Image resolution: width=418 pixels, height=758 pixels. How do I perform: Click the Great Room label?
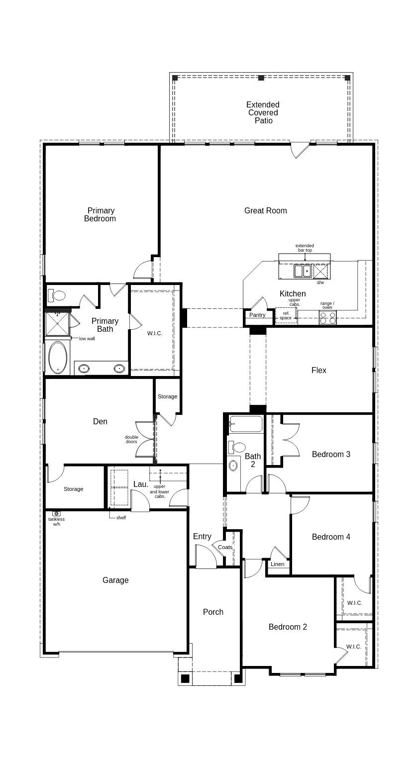(x=265, y=210)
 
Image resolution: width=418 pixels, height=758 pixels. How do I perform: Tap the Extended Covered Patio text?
(x=263, y=112)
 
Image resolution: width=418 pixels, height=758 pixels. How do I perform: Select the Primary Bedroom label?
(x=100, y=214)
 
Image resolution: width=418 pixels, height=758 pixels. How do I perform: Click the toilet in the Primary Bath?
(x=57, y=296)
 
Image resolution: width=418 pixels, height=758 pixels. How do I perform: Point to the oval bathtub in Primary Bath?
(x=58, y=357)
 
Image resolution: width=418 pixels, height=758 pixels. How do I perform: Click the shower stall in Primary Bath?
(x=57, y=324)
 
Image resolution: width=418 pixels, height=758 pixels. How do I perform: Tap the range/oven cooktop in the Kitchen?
(x=327, y=318)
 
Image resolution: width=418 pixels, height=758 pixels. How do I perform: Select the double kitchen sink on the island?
(x=302, y=271)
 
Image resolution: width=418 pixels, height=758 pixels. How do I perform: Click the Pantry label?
(x=257, y=315)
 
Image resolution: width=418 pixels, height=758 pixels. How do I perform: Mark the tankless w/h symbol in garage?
(x=56, y=513)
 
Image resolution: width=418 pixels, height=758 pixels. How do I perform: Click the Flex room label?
(x=319, y=370)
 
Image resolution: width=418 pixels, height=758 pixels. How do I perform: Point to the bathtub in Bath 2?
(x=246, y=425)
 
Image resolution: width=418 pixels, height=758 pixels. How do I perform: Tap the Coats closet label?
(x=225, y=547)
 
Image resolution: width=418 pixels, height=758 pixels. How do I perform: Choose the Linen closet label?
(x=278, y=564)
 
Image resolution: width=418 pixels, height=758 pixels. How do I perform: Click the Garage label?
(x=115, y=580)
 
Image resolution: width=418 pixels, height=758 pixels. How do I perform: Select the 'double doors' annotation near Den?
(x=131, y=440)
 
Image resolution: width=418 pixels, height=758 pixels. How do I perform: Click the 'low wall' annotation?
(x=87, y=339)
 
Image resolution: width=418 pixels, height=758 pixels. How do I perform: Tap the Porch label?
(x=213, y=612)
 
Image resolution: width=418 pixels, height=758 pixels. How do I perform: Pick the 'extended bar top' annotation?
(x=305, y=248)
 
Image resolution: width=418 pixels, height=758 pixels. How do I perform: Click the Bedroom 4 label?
(x=331, y=537)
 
